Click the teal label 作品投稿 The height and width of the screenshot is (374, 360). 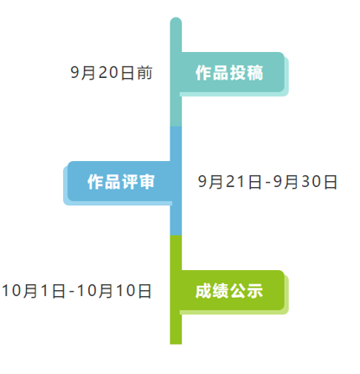tap(229, 73)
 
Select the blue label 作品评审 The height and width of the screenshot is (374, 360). tap(121, 182)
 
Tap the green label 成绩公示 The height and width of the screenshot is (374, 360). tap(229, 291)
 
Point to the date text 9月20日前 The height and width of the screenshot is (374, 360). tap(112, 73)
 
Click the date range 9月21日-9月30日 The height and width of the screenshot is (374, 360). tap(268, 182)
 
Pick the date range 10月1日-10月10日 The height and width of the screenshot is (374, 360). tap(76, 291)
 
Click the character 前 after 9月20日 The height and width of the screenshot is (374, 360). tap(145, 73)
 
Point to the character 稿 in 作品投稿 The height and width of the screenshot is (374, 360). tap(255, 73)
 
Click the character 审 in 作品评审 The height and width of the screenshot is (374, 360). tap(147, 182)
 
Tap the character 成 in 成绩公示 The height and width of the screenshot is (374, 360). tap(203, 291)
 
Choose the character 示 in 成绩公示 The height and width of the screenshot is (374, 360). tap(255, 291)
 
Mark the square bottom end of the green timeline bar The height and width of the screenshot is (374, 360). tap(176, 344)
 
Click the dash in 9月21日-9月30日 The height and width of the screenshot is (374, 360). tap(268, 183)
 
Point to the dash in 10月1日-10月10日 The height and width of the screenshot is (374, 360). tap(71, 292)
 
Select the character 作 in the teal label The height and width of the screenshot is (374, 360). tap(203, 73)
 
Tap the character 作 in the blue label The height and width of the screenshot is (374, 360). tap(96, 182)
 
